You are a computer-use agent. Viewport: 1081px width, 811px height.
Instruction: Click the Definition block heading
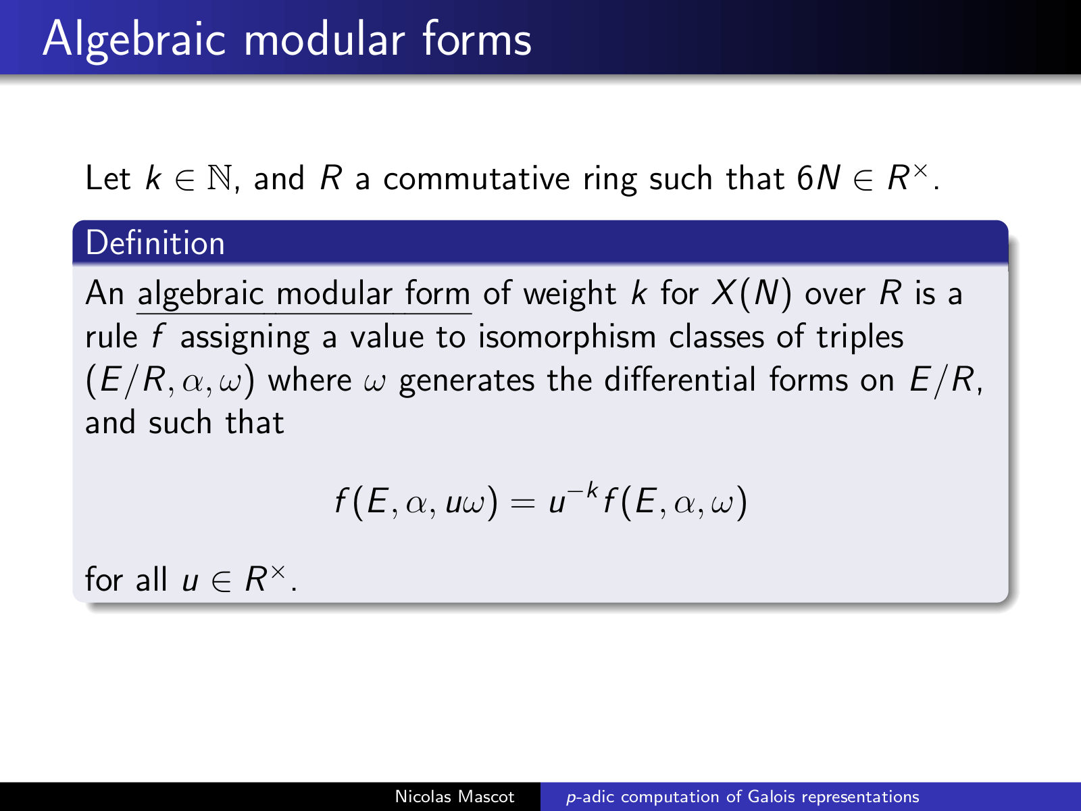tap(155, 243)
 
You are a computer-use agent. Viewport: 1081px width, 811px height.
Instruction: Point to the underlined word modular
tap(334, 293)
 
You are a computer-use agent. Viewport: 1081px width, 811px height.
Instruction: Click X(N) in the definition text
tap(751, 293)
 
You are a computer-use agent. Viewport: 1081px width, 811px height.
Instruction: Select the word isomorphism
tap(568, 337)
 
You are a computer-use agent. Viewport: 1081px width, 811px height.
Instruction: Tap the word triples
tap(860, 337)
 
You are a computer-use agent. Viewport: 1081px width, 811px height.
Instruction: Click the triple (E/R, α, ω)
tap(170, 380)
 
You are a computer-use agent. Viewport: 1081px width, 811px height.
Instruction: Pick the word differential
tap(680, 380)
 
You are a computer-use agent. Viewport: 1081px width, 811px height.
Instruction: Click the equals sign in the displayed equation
tap(523, 503)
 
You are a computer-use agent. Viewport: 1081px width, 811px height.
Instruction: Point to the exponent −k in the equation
tap(584, 491)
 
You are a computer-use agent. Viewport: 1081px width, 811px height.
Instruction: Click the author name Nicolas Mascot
tap(455, 797)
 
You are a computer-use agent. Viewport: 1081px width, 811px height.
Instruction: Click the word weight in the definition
tap(570, 295)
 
